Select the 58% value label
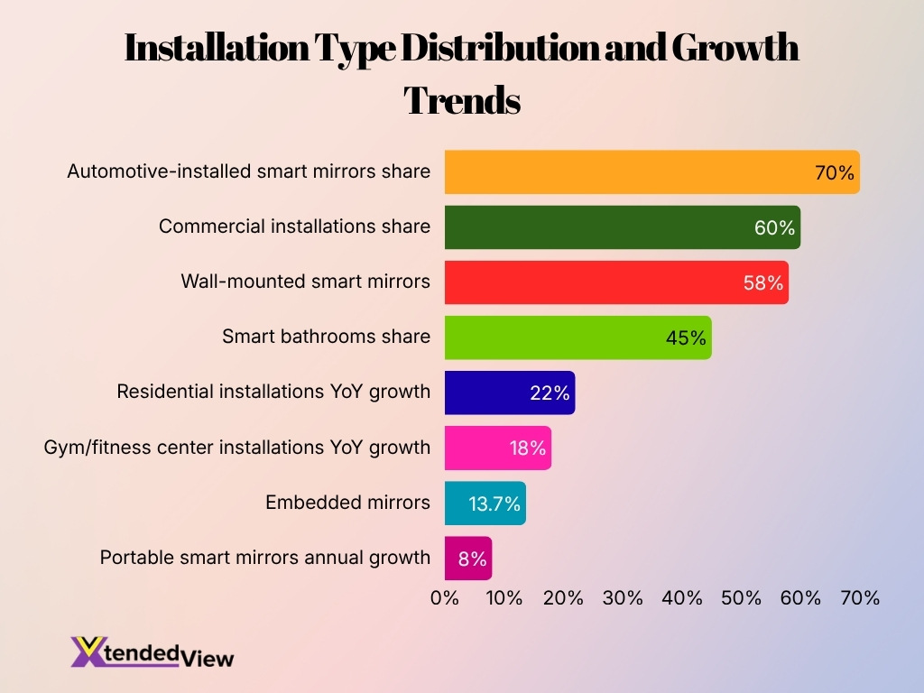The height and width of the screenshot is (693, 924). click(762, 282)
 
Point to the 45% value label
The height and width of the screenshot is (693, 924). click(686, 337)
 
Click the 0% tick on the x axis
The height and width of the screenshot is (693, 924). click(445, 597)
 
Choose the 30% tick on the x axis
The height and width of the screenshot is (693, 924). click(623, 597)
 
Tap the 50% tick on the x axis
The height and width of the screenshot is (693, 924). click(742, 597)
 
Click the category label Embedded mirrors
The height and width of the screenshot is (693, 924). click(347, 503)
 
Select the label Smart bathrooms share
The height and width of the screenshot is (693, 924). click(326, 337)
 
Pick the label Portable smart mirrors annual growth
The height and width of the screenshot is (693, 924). click(264, 558)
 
